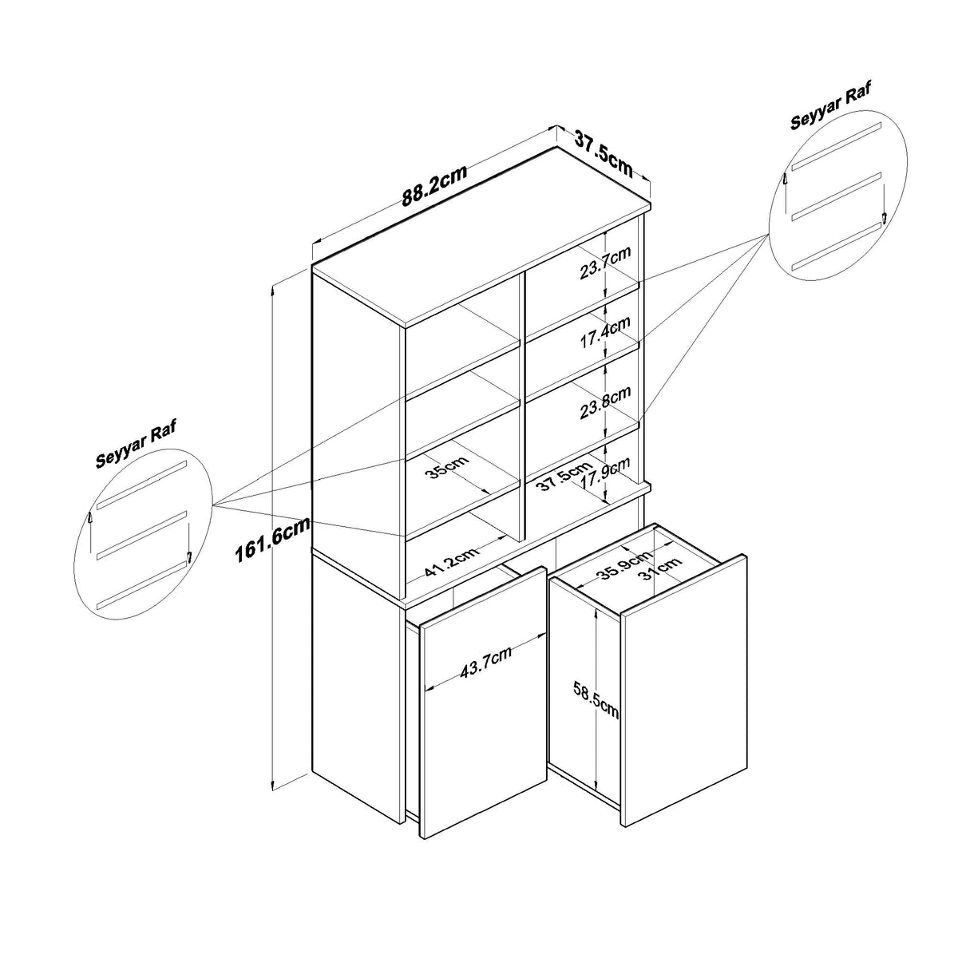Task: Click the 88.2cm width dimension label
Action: pos(434,185)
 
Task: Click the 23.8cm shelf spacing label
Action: pos(605,402)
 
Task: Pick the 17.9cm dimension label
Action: pos(605,473)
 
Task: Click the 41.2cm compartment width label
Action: pos(452,561)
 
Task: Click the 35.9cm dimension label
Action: pos(623,564)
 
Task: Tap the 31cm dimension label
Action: pos(659,568)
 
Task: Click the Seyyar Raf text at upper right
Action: pos(830,109)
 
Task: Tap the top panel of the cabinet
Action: pos(481,238)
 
